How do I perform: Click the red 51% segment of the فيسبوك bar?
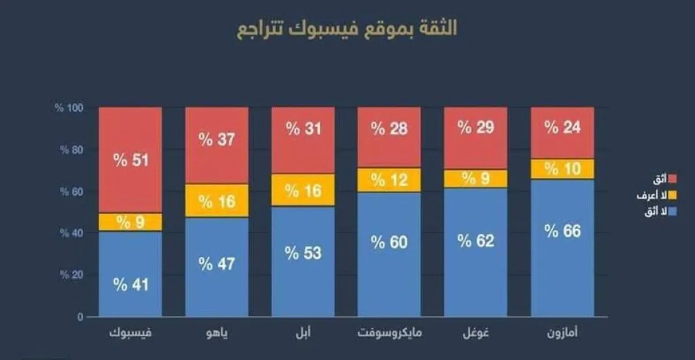[130, 160]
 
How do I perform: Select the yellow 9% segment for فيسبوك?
[130, 222]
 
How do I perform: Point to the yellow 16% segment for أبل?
[303, 190]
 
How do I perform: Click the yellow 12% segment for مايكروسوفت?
[389, 180]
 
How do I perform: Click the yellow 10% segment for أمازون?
[562, 169]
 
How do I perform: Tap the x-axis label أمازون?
[562, 334]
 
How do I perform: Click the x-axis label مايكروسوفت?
[389, 334]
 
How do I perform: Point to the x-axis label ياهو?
[217, 334]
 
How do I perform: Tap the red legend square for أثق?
[674, 179]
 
